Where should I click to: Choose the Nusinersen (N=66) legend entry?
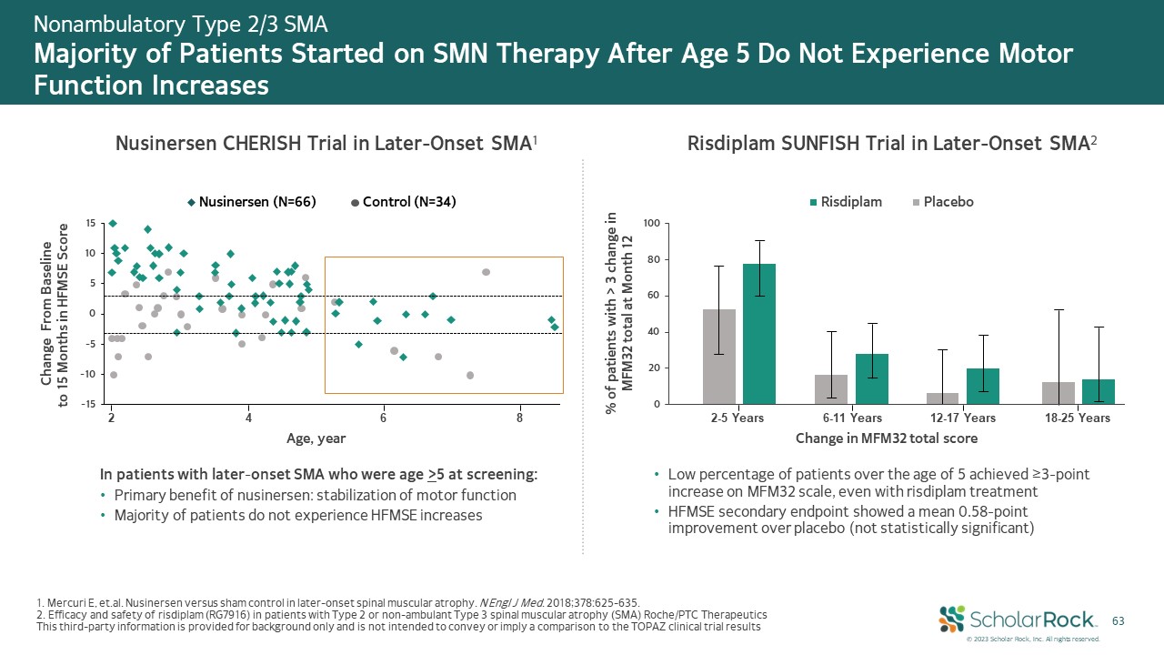pos(252,202)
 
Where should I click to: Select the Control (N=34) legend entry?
pos(403,202)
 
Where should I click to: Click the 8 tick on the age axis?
pos(519,418)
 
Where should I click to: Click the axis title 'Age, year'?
pos(316,438)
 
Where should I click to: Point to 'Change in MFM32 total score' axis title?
pos(887,438)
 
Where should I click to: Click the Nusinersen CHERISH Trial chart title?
pos(327,144)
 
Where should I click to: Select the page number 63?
pos(1119,620)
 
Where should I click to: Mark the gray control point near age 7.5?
pos(487,272)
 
